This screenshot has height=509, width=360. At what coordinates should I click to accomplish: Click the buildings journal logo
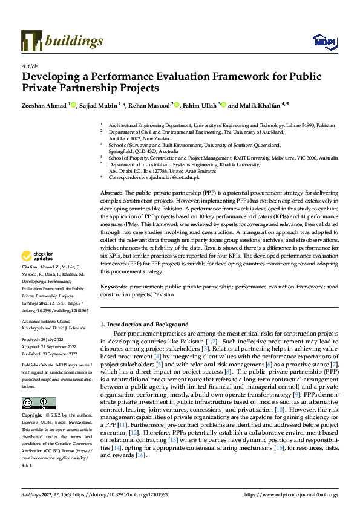click(x=62, y=41)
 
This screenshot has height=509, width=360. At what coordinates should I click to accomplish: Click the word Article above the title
click(x=29, y=66)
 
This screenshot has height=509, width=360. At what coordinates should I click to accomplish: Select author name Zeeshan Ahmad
click(x=44, y=105)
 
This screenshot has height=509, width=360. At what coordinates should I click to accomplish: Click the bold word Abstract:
click(x=111, y=192)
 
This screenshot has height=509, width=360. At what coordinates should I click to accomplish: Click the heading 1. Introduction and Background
click(x=144, y=325)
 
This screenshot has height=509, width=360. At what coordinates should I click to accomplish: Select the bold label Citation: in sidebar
click(x=30, y=284)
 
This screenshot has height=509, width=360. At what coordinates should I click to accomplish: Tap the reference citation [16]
click(x=141, y=455)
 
